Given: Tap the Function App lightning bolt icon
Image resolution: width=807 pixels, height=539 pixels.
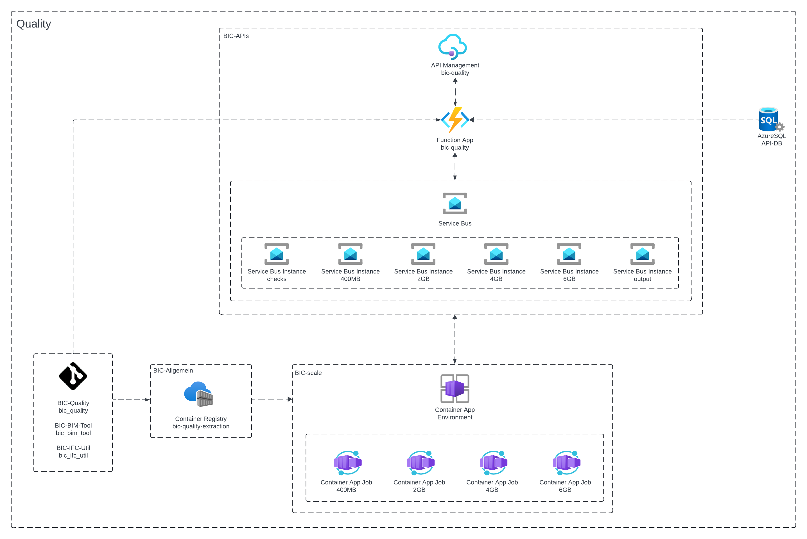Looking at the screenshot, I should click(455, 120).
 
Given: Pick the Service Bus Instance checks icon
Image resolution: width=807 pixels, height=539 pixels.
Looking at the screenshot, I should click(276, 254).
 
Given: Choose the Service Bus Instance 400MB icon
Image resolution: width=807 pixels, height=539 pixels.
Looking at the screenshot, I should click(350, 254).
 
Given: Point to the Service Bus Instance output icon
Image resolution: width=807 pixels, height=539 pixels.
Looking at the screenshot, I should click(642, 254).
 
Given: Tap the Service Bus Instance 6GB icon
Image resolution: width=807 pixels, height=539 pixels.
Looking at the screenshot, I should click(569, 254).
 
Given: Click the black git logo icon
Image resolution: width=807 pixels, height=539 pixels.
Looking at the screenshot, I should click(73, 376).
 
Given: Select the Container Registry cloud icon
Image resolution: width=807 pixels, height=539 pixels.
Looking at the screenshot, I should click(198, 394).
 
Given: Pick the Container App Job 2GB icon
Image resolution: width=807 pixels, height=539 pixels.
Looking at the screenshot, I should click(420, 463).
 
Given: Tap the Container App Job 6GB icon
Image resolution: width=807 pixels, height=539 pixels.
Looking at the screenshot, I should click(566, 463).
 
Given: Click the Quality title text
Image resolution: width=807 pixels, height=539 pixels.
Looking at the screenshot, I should click(34, 24).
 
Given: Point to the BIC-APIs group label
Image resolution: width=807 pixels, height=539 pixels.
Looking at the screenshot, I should click(236, 36).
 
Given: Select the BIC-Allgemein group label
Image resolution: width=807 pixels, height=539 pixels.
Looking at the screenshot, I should click(173, 371).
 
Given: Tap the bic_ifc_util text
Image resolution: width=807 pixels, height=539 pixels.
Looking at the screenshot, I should click(73, 455).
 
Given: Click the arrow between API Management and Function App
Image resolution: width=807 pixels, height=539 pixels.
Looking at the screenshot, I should click(455, 92).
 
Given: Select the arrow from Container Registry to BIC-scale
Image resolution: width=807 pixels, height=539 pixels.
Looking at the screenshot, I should click(272, 399).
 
